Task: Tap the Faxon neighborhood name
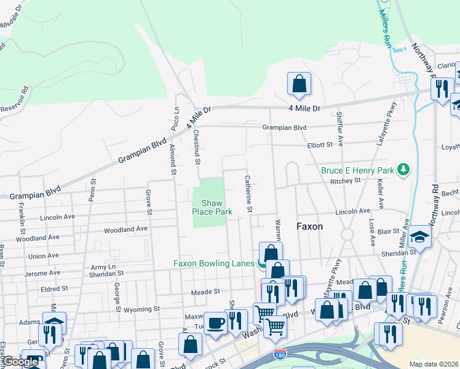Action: pos(309,226)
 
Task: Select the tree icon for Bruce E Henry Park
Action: pos(403,169)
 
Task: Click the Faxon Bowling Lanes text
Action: pos(213,263)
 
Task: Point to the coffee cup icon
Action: pos(215,323)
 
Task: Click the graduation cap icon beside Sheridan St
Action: pos(419,237)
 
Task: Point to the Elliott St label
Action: pos(320,145)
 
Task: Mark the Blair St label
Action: pos(389,231)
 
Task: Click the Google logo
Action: pos(20,362)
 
